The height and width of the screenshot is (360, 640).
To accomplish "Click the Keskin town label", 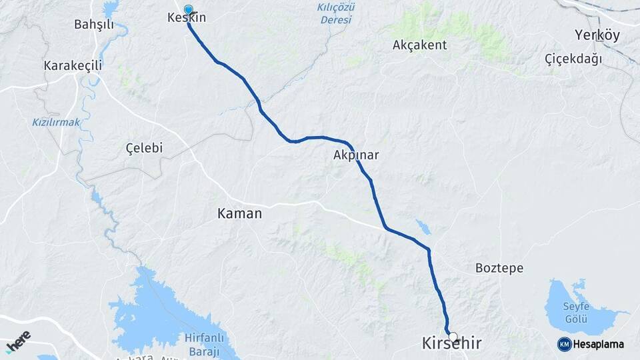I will click(187, 18).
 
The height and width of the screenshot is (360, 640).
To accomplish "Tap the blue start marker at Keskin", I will click(189, 10).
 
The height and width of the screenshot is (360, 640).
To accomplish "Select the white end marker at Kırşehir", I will click(453, 337).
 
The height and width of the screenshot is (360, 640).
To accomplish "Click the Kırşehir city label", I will click(451, 344).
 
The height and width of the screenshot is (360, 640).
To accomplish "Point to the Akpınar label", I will click(356, 155).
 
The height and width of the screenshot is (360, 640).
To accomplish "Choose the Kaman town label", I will click(239, 213).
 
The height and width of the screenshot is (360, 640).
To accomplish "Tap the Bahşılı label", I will click(94, 25).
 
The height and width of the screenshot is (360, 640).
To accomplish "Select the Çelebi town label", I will click(144, 148).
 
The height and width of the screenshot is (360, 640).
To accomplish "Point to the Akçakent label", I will click(420, 45).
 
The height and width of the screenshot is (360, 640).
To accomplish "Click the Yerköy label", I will click(597, 35).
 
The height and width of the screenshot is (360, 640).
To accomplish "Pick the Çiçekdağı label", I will click(573, 59).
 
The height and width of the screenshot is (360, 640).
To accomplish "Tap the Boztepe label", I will click(499, 268).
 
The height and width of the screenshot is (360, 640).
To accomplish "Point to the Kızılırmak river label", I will click(56, 122).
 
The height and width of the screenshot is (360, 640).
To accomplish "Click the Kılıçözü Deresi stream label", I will click(335, 13).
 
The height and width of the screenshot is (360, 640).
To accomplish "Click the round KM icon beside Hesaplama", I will click(564, 344).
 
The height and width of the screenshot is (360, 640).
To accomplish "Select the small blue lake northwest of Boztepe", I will click(423, 227).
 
